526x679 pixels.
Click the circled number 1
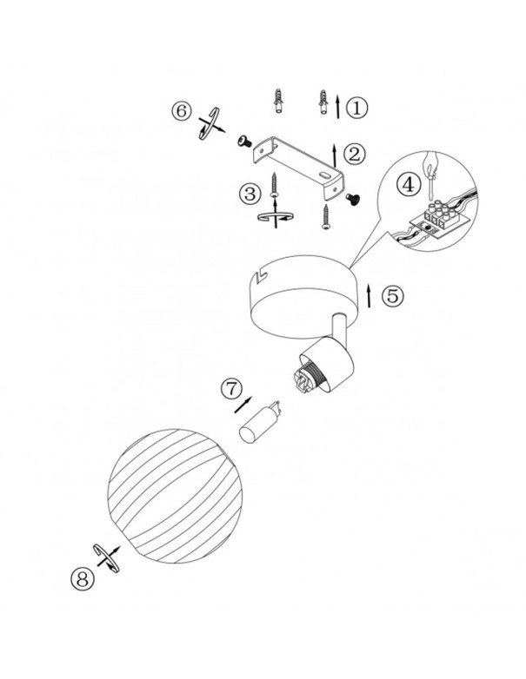tap(356, 108)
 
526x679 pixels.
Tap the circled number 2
tap(355, 155)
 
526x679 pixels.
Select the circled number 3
tap(250, 194)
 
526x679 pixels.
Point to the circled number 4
tap(409, 185)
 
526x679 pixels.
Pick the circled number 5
tap(393, 296)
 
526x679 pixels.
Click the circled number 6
tap(182, 111)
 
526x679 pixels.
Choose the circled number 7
tap(232, 388)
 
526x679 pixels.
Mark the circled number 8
tap(82, 578)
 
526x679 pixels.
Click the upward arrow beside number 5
tap(369, 296)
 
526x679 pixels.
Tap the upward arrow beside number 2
tap(335, 155)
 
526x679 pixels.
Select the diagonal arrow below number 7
tap(243, 405)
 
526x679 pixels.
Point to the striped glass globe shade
tap(175, 496)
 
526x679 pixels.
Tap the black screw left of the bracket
tap(244, 141)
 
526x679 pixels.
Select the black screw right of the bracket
tap(352, 198)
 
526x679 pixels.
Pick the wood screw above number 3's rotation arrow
tap(274, 184)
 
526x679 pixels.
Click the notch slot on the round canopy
tap(262, 276)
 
